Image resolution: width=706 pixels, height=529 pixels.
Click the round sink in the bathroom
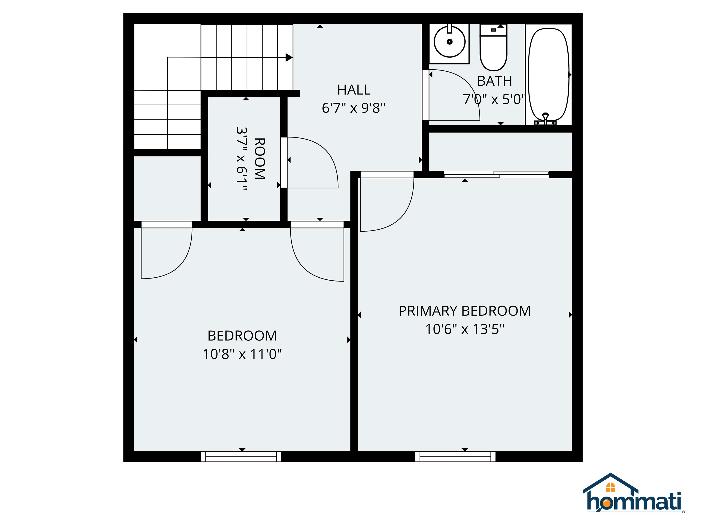point(449,42)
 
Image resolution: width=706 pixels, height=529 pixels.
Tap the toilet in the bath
point(493,48)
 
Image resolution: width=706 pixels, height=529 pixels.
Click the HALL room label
point(354,90)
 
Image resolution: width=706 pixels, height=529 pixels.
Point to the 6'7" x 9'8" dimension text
point(354,108)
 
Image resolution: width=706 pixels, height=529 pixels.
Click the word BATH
point(494,81)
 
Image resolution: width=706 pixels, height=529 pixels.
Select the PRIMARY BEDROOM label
point(465,311)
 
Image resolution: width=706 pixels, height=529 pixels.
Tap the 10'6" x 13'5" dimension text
point(465,329)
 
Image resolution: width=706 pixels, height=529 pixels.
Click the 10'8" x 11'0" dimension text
point(242,354)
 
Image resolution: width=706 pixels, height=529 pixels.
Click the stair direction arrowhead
point(289,57)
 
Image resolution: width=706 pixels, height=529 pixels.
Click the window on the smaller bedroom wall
point(241,457)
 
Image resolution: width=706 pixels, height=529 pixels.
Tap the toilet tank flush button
point(493,30)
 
